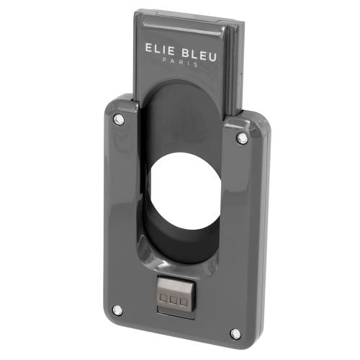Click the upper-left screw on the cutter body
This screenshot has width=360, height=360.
(x=117, y=119)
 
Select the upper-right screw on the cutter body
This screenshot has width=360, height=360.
(x=242, y=138)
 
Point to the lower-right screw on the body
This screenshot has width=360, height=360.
(x=235, y=333)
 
